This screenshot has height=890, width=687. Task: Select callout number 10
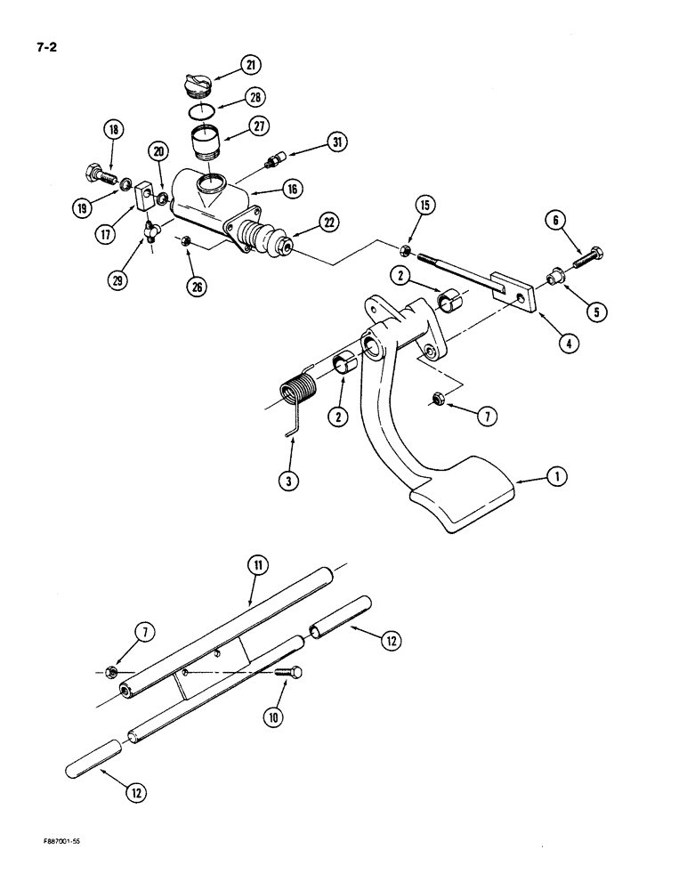click(276, 716)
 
